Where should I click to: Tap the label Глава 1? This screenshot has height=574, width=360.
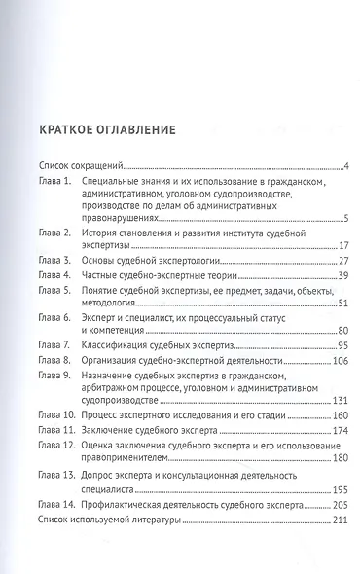[x=54, y=182]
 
